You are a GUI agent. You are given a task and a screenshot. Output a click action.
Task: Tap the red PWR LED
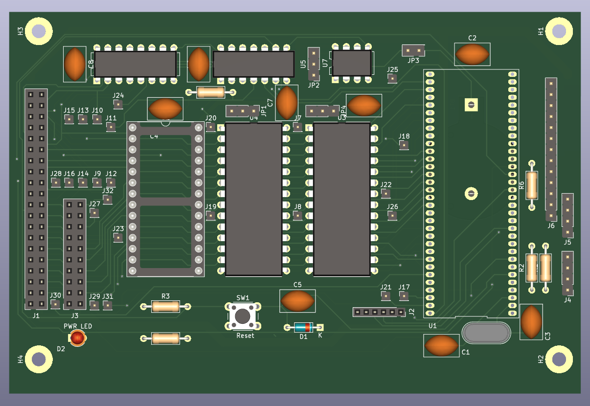click(77, 338)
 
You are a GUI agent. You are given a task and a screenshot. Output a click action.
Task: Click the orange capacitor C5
click(297, 301)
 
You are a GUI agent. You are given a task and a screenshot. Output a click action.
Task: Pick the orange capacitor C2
click(472, 54)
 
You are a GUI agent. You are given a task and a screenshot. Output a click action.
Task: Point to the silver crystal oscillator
click(486, 333)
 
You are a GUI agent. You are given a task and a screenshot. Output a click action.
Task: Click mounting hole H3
click(39, 31)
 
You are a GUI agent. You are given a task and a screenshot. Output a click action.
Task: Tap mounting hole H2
click(559, 360)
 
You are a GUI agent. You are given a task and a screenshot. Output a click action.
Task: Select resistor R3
click(166, 307)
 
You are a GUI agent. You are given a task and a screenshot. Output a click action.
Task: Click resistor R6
click(531, 185)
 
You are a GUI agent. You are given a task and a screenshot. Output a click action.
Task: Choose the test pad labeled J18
click(404, 145)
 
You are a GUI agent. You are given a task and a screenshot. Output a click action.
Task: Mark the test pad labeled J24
click(118, 104)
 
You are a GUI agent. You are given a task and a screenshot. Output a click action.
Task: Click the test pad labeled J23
click(118, 238)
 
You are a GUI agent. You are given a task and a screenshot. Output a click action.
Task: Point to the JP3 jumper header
click(413, 50)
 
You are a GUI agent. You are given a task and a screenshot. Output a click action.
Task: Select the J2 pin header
click(379, 312)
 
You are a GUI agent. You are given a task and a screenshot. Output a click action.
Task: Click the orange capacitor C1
click(441, 345)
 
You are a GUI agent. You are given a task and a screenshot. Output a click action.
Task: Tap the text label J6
click(551, 226)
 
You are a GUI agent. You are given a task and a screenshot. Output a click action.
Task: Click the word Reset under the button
click(245, 336)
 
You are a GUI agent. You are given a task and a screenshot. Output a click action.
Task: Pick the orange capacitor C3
click(531, 321)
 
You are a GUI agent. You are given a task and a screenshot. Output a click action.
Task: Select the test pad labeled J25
click(392, 79)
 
